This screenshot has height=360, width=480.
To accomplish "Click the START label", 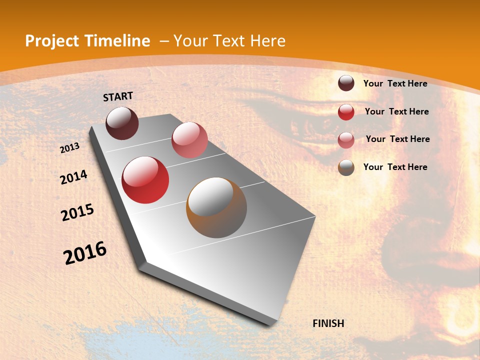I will (x=118, y=96).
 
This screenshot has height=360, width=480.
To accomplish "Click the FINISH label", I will (x=328, y=323).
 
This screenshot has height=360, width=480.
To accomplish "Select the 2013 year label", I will (x=70, y=148).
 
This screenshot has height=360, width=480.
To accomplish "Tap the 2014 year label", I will (x=74, y=177).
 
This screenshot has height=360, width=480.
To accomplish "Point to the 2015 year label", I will (x=77, y=212).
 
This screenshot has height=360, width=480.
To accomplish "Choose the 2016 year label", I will (x=85, y=252).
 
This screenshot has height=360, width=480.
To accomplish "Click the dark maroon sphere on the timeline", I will (x=122, y=123).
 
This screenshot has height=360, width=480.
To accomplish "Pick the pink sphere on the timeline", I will (x=189, y=140).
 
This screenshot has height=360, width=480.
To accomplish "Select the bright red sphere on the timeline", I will (x=145, y=180).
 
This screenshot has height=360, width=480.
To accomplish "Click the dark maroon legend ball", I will (x=346, y=83).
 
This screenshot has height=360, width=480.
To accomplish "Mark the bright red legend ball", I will (x=346, y=112).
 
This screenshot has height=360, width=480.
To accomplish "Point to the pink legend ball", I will (x=346, y=139).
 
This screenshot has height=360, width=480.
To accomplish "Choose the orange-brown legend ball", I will (x=346, y=167).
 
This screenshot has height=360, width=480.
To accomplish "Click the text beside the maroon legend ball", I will (x=395, y=83).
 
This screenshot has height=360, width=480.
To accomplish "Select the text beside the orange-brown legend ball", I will (x=395, y=167).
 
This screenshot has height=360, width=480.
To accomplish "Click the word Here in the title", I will (x=267, y=41).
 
